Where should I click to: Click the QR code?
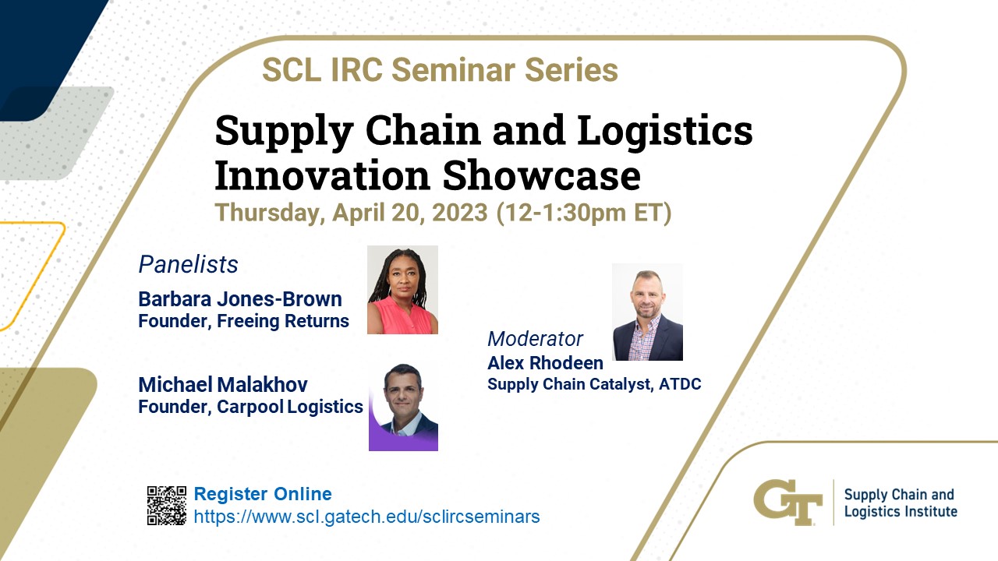[167, 506]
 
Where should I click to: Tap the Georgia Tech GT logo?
[787, 503]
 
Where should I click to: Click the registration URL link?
[366, 517]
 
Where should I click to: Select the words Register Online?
[263, 494]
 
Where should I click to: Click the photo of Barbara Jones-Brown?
[403, 290]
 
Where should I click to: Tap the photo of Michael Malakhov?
[403, 408]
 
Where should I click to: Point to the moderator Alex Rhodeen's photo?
[647, 312]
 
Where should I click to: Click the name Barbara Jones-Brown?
[240, 299]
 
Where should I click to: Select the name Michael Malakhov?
[223, 385]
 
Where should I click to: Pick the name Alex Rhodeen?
[545, 363]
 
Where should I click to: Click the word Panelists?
[188, 264]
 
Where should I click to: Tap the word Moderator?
[535, 339]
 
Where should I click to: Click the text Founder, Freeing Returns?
[244, 321]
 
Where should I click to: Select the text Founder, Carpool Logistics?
[251, 407]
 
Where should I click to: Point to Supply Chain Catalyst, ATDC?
[594, 384]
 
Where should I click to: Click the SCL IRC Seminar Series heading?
[441, 70]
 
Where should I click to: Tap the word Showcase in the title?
[542, 175]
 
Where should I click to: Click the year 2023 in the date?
[460, 213]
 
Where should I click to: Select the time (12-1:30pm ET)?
[584, 213]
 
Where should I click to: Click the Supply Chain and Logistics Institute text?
[901, 503]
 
